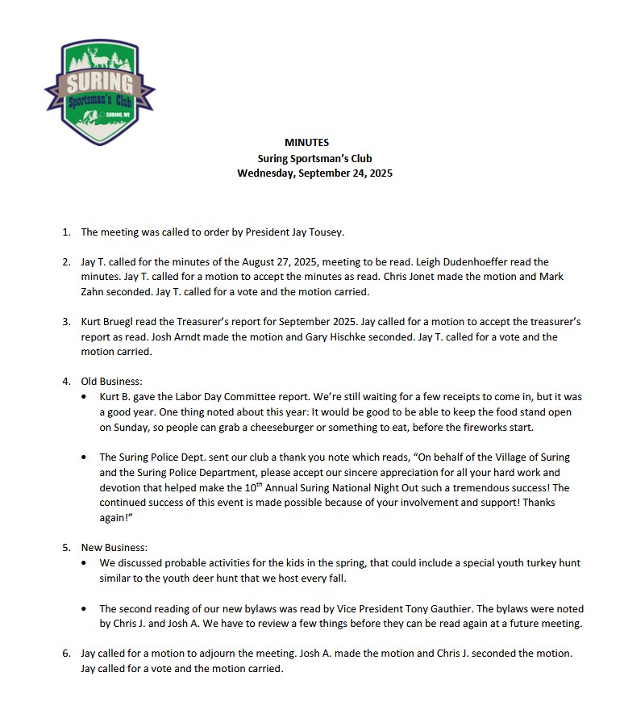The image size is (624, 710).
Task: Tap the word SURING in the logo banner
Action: (x=100, y=83)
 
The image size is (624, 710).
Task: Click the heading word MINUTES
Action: (x=306, y=143)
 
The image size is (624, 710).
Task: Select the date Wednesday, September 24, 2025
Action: (x=314, y=173)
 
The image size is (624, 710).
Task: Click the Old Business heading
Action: (x=113, y=382)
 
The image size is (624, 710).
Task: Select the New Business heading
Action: (x=114, y=547)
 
